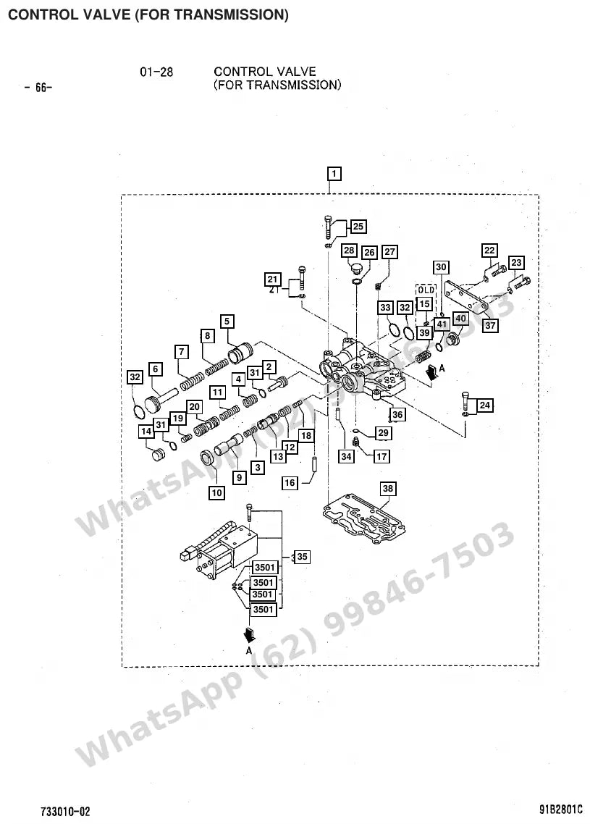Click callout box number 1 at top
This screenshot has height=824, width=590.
334,174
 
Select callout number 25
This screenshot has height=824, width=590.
358,227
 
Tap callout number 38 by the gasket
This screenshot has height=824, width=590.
388,489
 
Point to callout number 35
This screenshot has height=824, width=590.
302,557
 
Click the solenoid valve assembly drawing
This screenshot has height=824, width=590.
219,552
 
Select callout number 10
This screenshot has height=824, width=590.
216,492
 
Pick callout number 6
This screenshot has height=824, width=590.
156,369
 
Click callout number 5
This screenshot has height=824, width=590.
227,321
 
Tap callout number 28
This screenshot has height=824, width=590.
350,251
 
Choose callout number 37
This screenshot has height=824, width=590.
490,325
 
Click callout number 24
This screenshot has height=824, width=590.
485,405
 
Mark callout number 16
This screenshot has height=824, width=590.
290,483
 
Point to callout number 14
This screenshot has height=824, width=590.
146,432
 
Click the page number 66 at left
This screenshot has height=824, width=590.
38,88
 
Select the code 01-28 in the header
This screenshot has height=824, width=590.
156,72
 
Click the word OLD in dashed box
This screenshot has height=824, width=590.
426,290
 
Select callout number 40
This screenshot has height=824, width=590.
460,319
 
